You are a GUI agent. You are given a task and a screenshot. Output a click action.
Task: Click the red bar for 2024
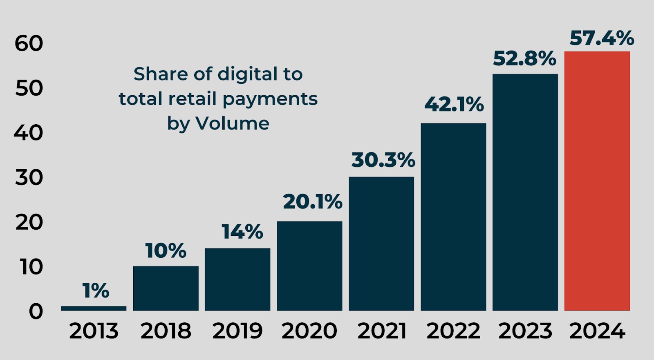pyautogui.click(x=597, y=181)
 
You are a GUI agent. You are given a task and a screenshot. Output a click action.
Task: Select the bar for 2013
pyautogui.click(x=94, y=309)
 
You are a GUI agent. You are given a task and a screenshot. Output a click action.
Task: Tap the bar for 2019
pyautogui.click(x=237, y=280)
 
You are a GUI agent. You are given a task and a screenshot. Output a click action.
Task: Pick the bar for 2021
pyautogui.click(x=381, y=244)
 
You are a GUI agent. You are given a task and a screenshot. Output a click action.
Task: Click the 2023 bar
pyautogui.click(x=525, y=192)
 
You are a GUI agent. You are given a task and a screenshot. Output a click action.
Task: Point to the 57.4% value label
pyautogui.click(x=602, y=38)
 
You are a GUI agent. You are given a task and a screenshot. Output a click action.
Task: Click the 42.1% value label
pyautogui.click(x=454, y=104)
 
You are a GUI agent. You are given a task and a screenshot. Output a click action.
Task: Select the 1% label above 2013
pyautogui.click(x=96, y=291)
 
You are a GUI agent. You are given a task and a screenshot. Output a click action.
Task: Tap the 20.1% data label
pyautogui.click(x=313, y=202)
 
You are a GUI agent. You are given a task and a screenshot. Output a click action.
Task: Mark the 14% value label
pyautogui.click(x=242, y=232)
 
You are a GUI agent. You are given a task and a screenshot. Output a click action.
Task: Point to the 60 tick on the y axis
pyautogui.click(x=29, y=44)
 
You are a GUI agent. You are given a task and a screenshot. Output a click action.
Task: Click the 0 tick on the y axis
pyautogui.click(x=36, y=312)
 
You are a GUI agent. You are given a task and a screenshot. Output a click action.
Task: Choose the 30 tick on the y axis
pyautogui.click(x=29, y=178)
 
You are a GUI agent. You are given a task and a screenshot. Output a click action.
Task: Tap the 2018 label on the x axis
pyautogui.click(x=166, y=331)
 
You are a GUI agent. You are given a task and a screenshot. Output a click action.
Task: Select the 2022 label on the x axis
pyautogui.click(x=453, y=331)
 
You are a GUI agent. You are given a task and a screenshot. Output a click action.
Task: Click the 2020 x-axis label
pyautogui.click(x=309, y=331)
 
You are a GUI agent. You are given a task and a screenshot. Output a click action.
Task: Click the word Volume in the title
pyautogui.click(x=232, y=123)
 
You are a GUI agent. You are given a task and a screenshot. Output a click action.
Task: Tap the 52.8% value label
pyautogui.click(x=524, y=58)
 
